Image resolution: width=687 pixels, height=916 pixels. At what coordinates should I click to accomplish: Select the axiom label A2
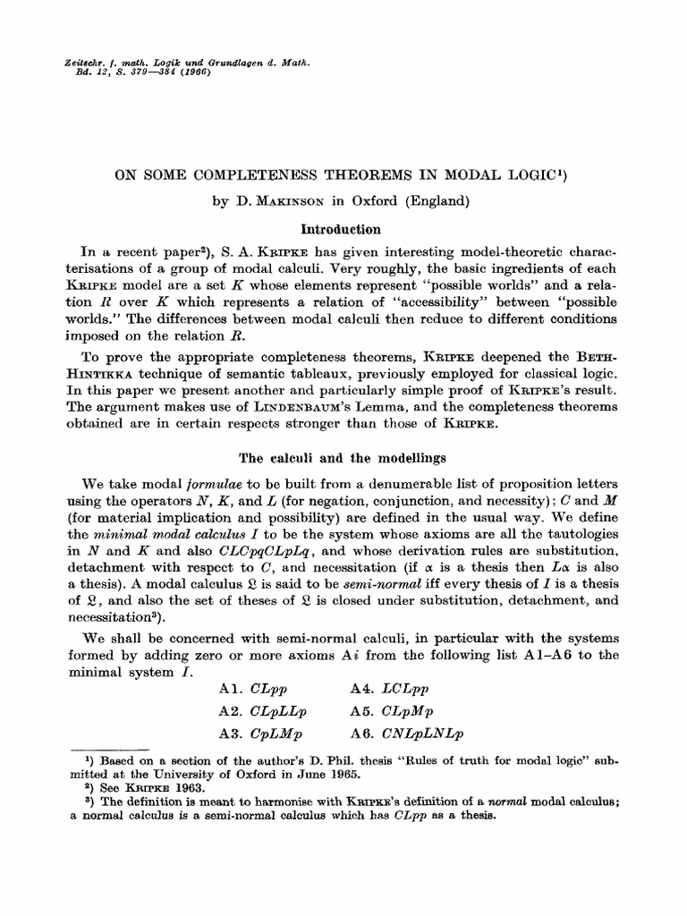click(x=231, y=713)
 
